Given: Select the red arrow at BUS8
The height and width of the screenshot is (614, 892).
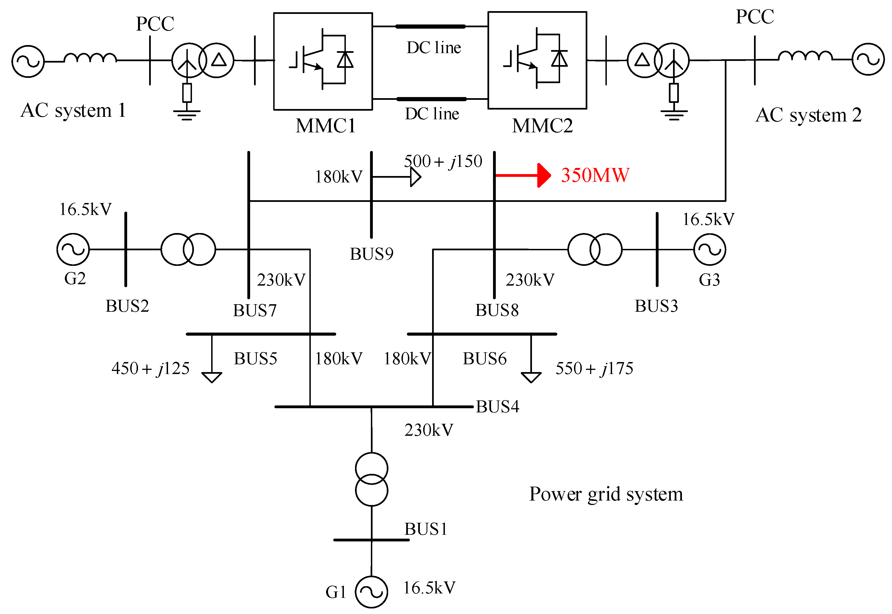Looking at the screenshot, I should (x=523, y=175).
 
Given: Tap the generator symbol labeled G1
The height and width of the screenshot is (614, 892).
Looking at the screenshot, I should (x=371, y=592).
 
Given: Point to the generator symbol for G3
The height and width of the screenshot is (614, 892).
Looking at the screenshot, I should (x=709, y=249).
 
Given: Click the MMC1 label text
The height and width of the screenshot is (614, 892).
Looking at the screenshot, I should (x=326, y=125).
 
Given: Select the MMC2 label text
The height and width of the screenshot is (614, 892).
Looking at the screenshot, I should (x=542, y=125).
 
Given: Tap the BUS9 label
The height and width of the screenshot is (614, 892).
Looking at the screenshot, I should (x=371, y=254).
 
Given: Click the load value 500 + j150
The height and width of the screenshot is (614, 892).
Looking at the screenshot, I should (x=443, y=161).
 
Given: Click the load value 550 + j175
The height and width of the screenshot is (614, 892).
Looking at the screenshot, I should (x=594, y=368).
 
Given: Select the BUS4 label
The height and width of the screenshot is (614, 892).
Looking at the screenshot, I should (x=497, y=407).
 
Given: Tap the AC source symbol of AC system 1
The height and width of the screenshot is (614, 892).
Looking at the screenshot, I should (x=28, y=61).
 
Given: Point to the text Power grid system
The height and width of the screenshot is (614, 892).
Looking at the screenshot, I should (x=606, y=494).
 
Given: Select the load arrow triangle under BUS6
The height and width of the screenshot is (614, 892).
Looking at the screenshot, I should (x=531, y=377).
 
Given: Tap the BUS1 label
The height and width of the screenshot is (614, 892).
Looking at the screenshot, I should (x=426, y=529).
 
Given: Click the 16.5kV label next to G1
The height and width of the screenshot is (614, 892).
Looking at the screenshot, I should (x=429, y=588).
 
